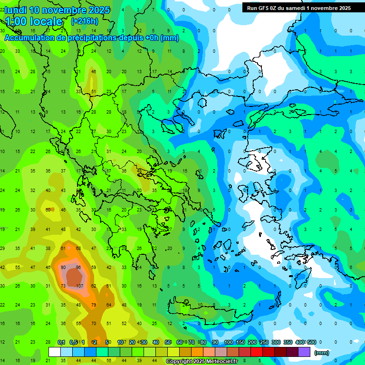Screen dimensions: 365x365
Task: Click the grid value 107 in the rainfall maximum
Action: pos(79,286)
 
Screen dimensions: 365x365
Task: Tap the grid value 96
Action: pos(79,268)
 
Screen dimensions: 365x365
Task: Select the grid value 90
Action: pos(63,268)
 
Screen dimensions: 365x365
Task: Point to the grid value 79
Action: pos(94,305)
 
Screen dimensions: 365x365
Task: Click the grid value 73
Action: pos(63,286)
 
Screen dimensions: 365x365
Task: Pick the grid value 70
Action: pos(94,323)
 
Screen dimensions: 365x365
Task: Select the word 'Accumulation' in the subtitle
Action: pos(32,38)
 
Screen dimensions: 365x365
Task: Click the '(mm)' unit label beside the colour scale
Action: pos(321,353)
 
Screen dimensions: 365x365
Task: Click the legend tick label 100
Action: pos(228,342)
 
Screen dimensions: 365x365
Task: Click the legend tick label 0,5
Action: pos(73,342)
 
